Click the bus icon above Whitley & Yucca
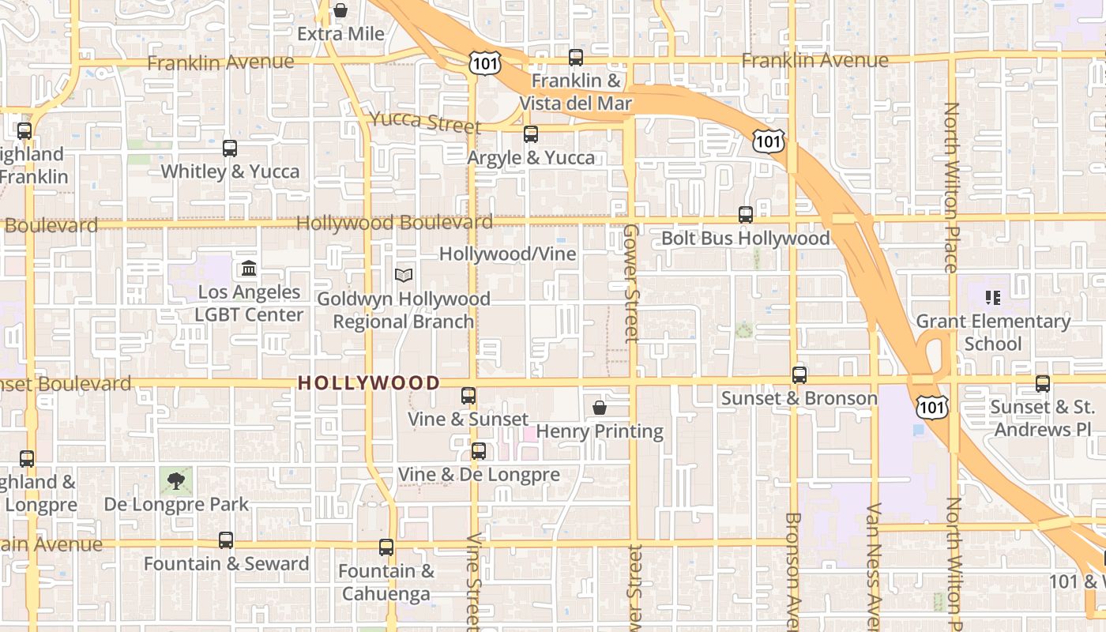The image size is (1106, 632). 230,148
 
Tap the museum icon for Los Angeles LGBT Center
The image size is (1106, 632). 249,269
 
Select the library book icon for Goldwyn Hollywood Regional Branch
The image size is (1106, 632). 404,276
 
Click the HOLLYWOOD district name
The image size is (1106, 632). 369,383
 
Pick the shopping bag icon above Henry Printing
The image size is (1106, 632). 600,408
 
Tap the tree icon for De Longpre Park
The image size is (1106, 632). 176,480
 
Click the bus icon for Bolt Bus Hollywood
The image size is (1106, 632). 745,214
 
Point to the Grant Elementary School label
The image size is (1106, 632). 993,333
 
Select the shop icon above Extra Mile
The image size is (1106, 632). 340,10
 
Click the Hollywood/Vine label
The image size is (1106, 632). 508,254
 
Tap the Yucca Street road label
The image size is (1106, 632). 425,122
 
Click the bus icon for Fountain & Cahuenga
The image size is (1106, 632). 386,547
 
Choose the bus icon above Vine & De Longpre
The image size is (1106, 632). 479,451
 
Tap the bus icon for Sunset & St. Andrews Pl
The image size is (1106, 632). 1043,384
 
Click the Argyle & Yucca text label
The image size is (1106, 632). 531,158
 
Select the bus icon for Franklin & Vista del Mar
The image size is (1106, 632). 576,58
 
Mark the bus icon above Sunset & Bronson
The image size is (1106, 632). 799,375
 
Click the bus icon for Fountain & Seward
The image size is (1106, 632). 226,540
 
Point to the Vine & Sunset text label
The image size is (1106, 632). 468,419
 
